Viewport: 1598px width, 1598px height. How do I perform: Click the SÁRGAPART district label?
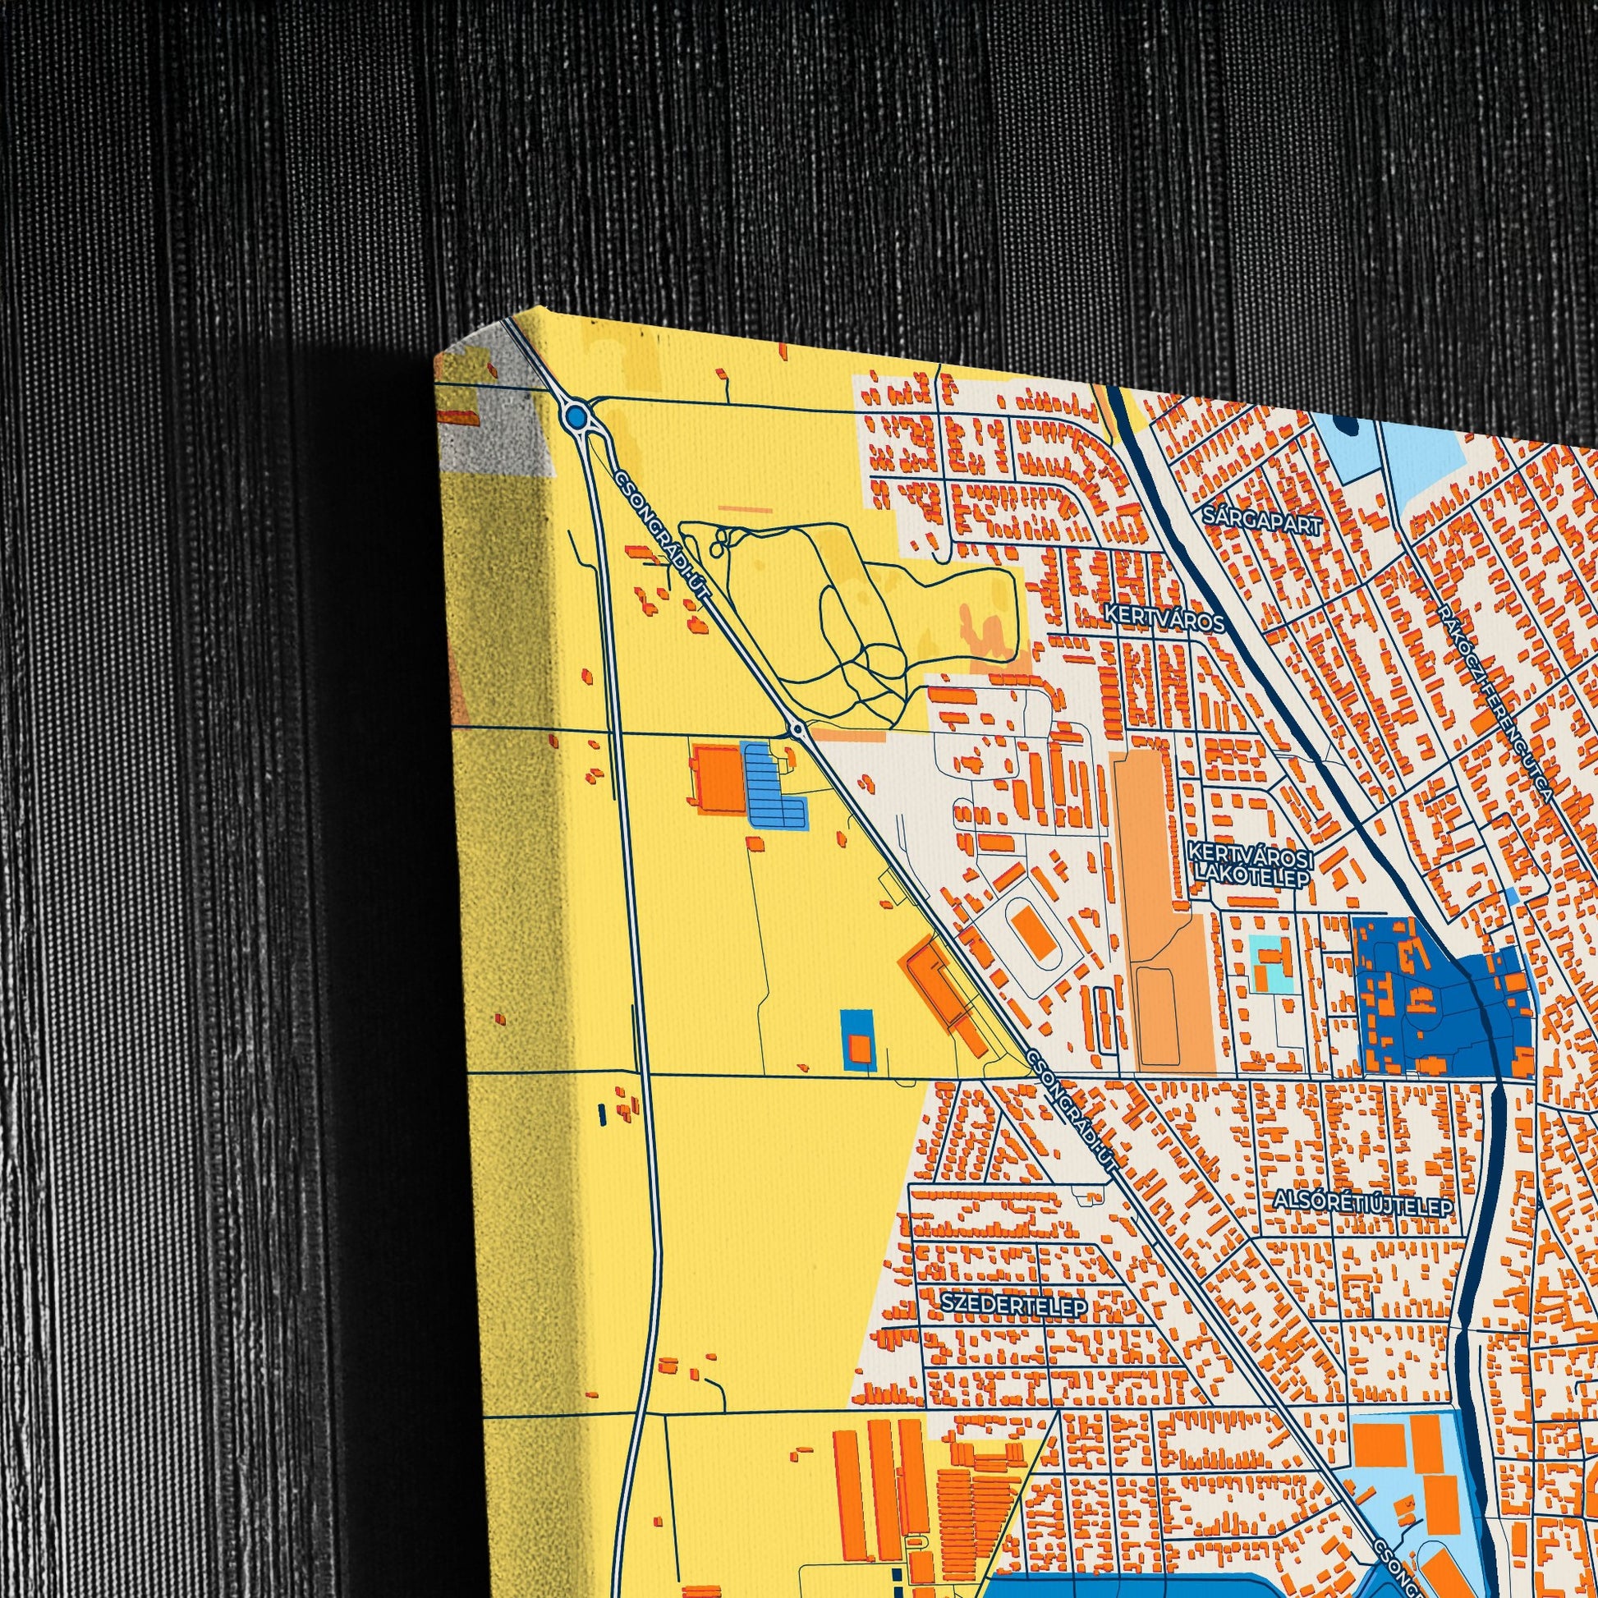point(1263,520)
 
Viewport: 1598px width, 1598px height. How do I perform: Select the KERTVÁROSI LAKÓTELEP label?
point(1249,864)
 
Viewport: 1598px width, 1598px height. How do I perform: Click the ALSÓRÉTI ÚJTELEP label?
point(1363,1205)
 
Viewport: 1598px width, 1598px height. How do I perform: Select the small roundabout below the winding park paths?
point(797,730)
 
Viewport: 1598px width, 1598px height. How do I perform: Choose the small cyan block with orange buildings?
point(1270,965)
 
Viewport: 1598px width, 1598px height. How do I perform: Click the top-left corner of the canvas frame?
point(435,356)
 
